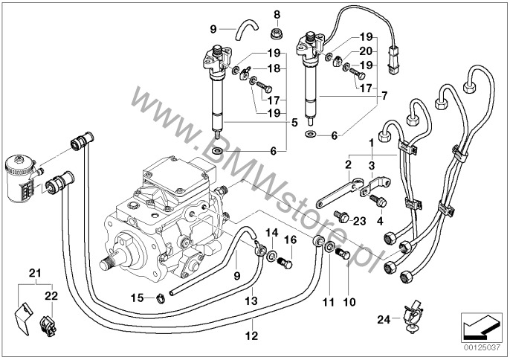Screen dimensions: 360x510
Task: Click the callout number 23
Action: click(x=361, y=221)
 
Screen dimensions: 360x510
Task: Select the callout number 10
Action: click(x=349, y=303)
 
